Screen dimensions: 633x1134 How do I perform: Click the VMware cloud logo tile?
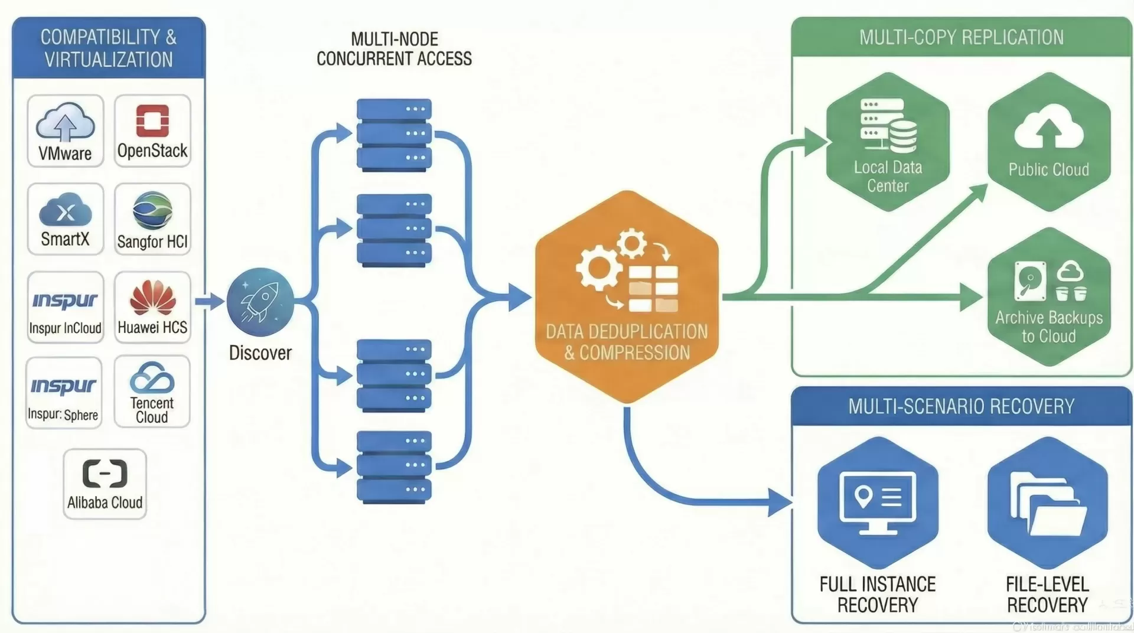(x=66, y=130)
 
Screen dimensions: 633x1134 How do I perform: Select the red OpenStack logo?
(x=152, y=120)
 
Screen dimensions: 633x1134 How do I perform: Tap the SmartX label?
(x=65, y=239)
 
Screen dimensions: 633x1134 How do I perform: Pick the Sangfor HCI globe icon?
(x=152, y=210)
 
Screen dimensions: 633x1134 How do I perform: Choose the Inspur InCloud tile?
(x=66, y=307)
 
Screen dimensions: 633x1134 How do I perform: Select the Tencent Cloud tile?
(x=152, y=391)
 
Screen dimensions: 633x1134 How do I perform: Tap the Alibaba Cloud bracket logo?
(x=105, y=474)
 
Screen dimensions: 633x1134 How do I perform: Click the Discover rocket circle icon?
(x=260, y=302)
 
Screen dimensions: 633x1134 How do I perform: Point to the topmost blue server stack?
(x=394, y=135)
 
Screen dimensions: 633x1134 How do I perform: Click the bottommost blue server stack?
(x=394, y=466)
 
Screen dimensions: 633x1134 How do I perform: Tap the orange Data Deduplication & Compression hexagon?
(x=627, y=296)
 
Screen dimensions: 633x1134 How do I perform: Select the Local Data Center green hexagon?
(x=888, y=142)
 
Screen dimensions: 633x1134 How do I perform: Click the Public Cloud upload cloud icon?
(x=1048, y=126)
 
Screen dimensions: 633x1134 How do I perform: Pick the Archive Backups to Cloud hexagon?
(x=1049, y=296)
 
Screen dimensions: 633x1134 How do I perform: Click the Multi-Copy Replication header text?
(x=961, y=37)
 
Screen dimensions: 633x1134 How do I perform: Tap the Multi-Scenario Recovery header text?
(x=961, y=406)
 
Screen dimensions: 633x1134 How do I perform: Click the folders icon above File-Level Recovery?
(x=1047, y=503)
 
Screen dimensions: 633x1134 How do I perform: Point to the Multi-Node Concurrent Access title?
(x=394, y=49)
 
